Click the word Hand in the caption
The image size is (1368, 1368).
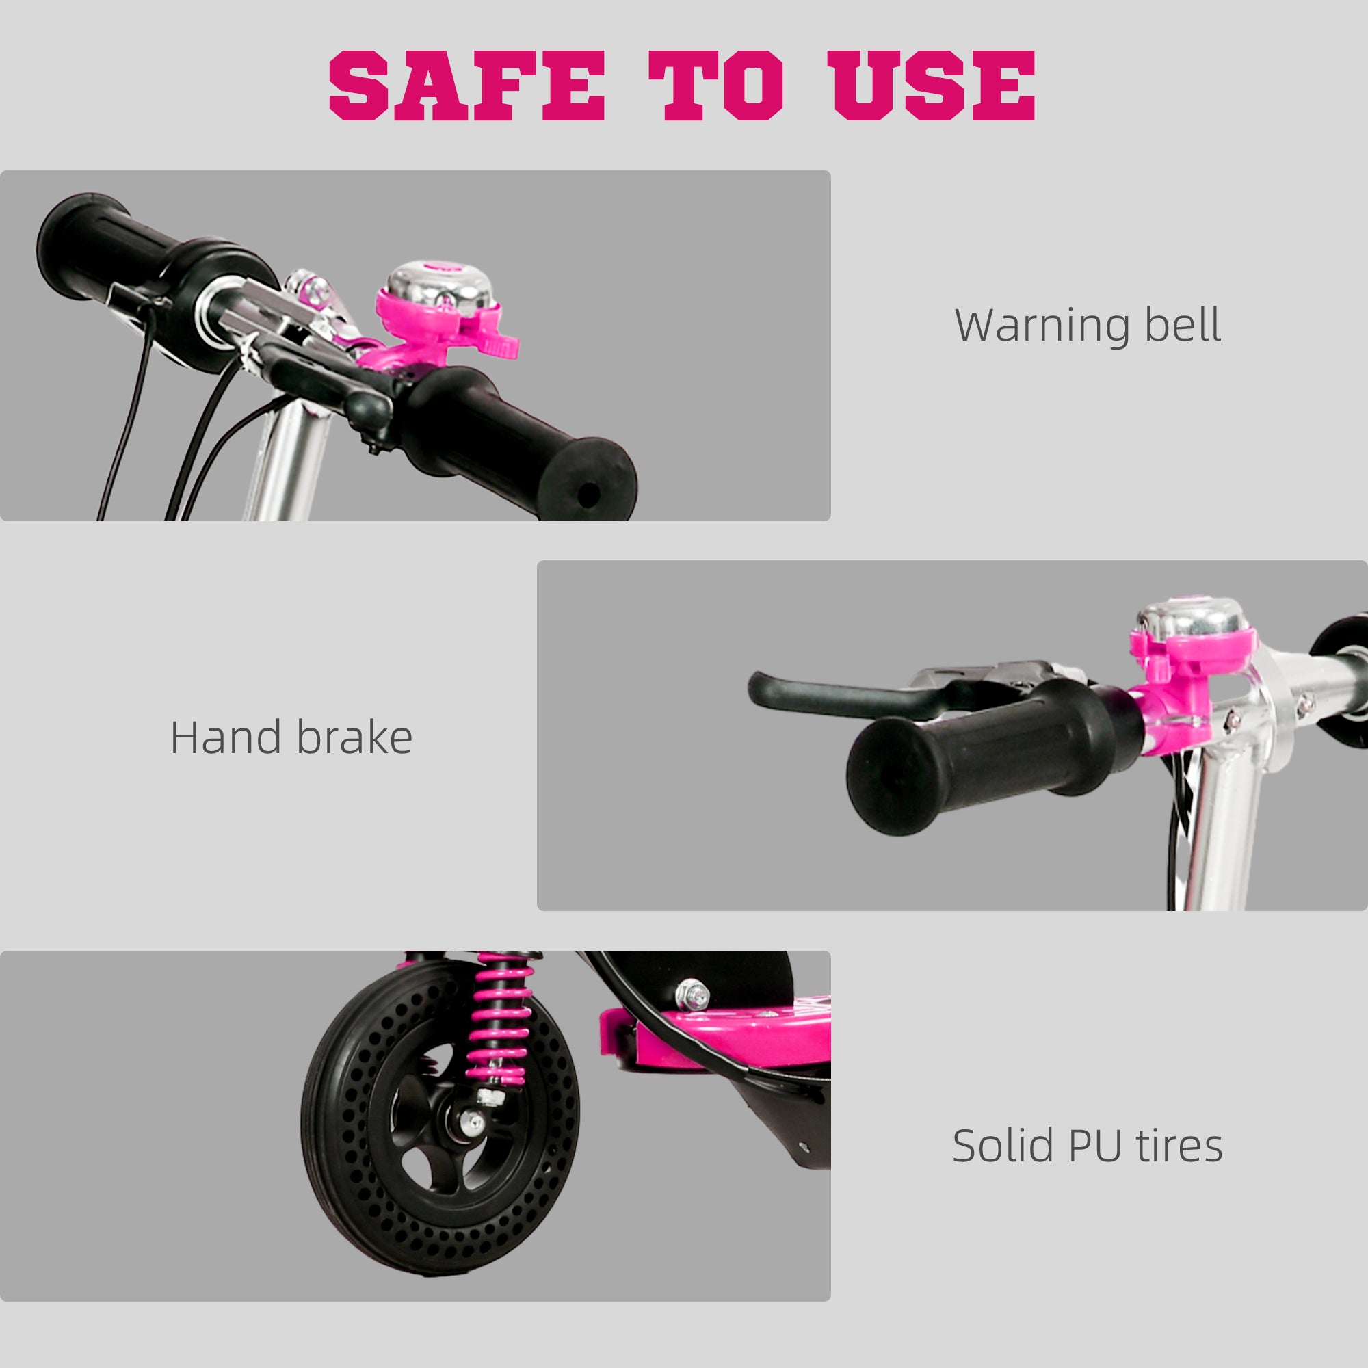[226, 738]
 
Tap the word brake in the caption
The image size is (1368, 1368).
[354, 738]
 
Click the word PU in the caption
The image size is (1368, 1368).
[1095, 1145]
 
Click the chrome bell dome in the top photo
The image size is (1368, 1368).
[439, 285]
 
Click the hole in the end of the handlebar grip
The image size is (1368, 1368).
[587, 495]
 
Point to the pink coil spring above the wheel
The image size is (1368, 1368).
[501, 1012]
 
